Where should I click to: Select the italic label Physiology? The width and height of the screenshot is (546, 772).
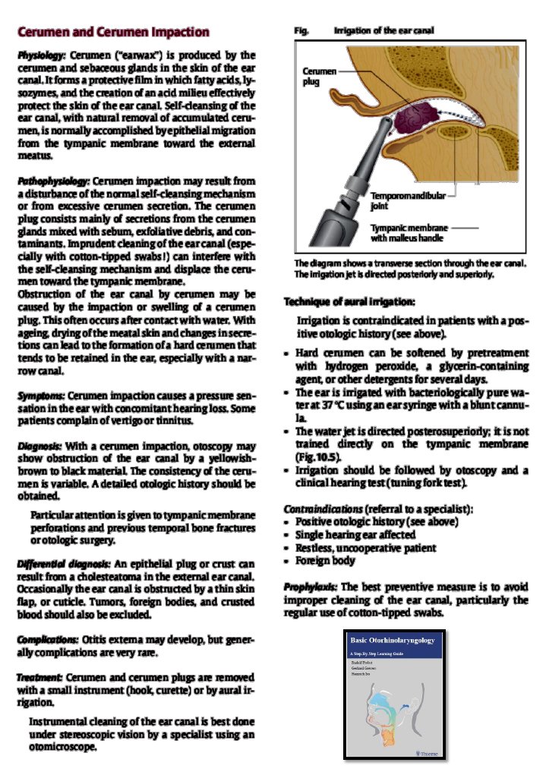43,57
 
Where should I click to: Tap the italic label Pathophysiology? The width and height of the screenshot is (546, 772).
54,182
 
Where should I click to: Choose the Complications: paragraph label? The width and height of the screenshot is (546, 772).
46,639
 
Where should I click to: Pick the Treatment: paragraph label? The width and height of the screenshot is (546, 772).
40,676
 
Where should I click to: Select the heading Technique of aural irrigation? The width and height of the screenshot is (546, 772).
349,302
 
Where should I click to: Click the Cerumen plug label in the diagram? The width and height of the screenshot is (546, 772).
319,76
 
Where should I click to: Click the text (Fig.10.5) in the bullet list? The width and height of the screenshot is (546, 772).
312,458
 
